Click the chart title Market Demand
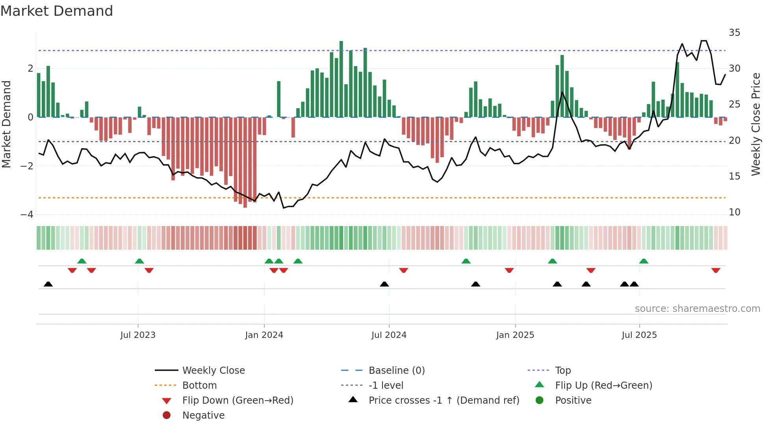coord(57,11)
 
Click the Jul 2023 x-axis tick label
coord(138,335)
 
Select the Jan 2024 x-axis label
coord(264,335)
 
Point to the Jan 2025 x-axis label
coord(515,335)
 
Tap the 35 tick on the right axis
coord(734,33)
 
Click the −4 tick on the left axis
coord(27,215)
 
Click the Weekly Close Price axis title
coord(755,124)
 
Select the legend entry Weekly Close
coord(213,371)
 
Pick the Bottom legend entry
coord(199,386)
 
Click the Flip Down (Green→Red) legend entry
coord(238,401)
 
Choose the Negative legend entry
coord(203,415)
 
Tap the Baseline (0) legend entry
coord(396,371)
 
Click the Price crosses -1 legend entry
coord(444,401)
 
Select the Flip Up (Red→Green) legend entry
coord(603,386)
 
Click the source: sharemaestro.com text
coord(697,309)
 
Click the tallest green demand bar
coord(341,79)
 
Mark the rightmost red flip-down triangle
coord(716,270)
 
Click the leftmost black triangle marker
coord(48,284)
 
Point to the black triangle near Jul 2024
coord(384,284)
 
